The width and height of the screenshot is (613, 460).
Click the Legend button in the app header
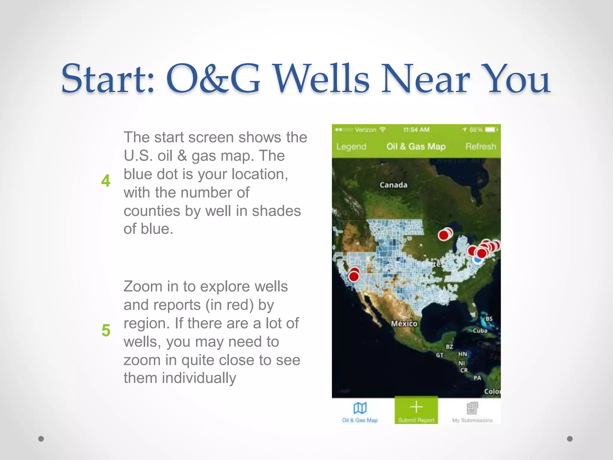(351, 146)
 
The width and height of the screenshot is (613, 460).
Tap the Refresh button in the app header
(480, 146)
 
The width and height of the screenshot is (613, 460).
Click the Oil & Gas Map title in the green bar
(416, 146)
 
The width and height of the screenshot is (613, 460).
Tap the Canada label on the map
(393, 185)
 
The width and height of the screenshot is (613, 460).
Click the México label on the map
(404, 324)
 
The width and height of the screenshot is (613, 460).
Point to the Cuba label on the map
(480, 331)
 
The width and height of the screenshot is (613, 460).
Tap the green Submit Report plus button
(416, 408)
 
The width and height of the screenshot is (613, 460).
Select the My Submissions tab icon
(472, 408)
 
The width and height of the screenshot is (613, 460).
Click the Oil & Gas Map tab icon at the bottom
(360, 408)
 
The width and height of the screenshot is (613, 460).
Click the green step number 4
(106, 181)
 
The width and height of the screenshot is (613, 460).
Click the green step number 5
(106, 330)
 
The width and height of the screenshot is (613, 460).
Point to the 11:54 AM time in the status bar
(416, 130)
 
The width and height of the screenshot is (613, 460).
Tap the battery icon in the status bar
(491, 130)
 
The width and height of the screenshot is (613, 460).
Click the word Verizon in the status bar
(365, 130)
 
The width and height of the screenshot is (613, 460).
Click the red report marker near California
(354, 276)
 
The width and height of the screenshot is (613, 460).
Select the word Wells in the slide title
(322, 78)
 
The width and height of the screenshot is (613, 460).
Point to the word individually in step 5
(199, 378)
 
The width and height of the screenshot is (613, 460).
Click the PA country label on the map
(477, 378)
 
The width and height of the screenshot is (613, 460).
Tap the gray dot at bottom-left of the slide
(41, 439)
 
